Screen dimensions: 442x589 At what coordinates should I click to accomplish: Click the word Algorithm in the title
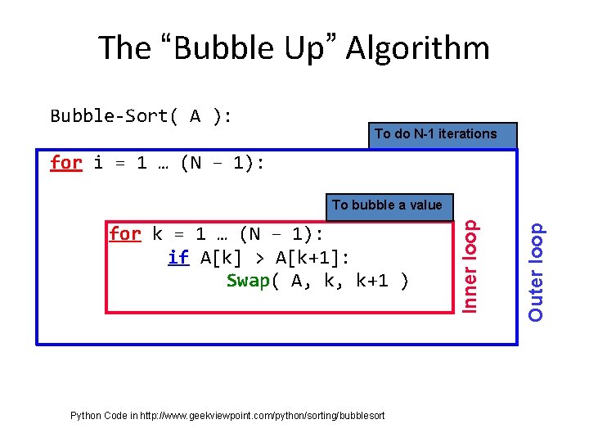coord(417,48)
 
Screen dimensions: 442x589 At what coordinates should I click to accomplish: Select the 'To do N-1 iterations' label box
coord(435,133)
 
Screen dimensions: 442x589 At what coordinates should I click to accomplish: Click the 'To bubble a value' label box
coord(387,205)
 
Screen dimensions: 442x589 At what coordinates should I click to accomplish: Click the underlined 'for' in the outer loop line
coord(65,162)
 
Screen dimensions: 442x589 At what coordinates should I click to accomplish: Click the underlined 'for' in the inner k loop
coord(125,234)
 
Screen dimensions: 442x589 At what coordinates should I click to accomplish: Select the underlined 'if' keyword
coord(178,257)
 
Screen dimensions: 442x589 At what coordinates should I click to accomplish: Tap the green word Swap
coord(248,280)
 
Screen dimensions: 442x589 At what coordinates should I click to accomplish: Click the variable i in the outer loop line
coord(98,162)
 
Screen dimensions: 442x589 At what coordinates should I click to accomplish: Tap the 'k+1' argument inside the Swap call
coord(373,280)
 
